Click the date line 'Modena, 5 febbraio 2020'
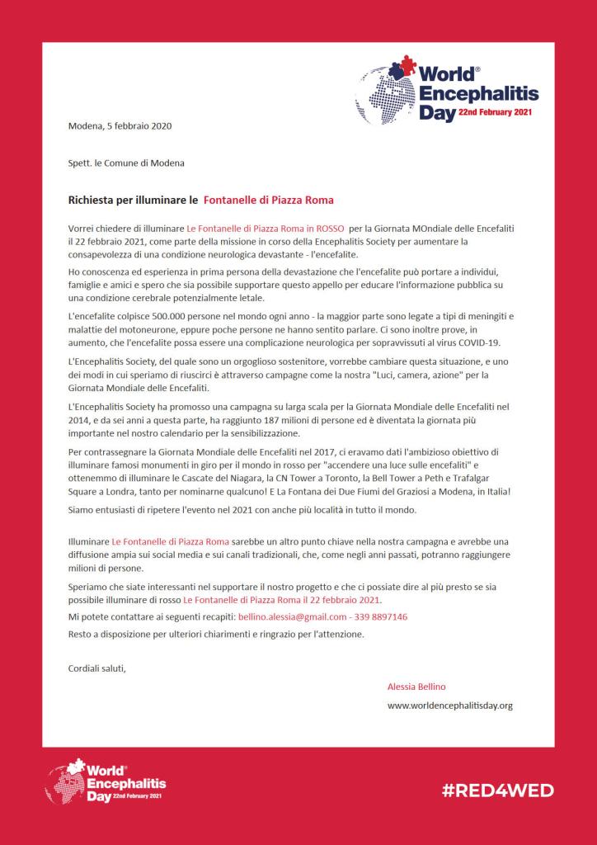120,126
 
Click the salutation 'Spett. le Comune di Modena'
126,163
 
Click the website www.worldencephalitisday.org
450,706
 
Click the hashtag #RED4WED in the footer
497,791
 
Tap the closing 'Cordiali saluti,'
97,668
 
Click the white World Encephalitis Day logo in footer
108,781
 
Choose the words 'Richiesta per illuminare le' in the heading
133,200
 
